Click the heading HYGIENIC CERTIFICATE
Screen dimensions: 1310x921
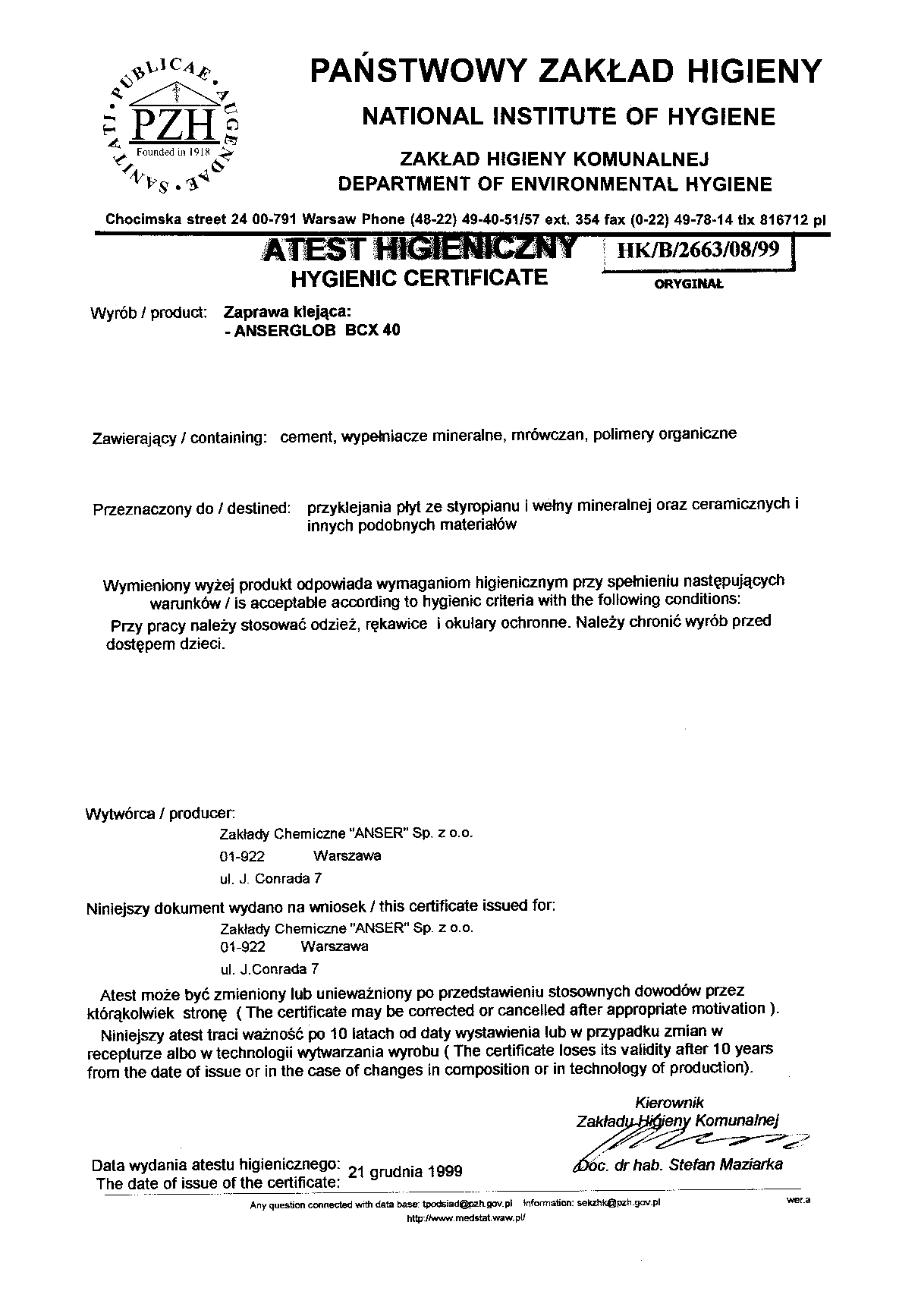pyautogui.click(x=420, y=278)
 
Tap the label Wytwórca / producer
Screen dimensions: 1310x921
pyautogui.click(x=160, y=814)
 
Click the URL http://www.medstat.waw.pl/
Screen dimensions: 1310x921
pyautogui.click(x=466, y=1217)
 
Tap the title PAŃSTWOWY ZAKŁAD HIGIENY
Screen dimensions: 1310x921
pyautogui.click(x=565, y=71)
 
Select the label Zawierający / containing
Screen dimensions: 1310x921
pyautogui.click(x=179, y=438)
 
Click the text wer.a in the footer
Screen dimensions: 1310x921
pyautogui.click(x=799, y=1200)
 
